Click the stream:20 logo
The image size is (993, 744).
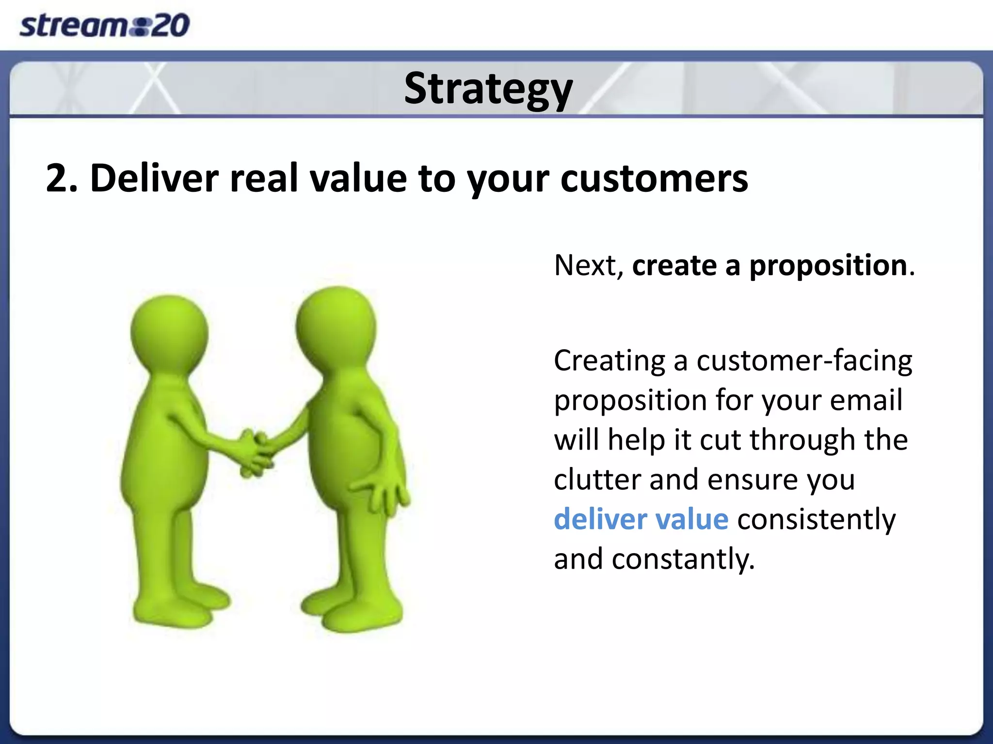(104, 25)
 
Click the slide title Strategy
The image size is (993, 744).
(488, 89)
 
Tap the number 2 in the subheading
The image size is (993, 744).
(57, 179)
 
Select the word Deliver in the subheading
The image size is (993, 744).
(154, 179)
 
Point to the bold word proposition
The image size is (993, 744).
(828, 266)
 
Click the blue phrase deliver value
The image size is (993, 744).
(641, 519)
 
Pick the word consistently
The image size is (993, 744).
(816, 519)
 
